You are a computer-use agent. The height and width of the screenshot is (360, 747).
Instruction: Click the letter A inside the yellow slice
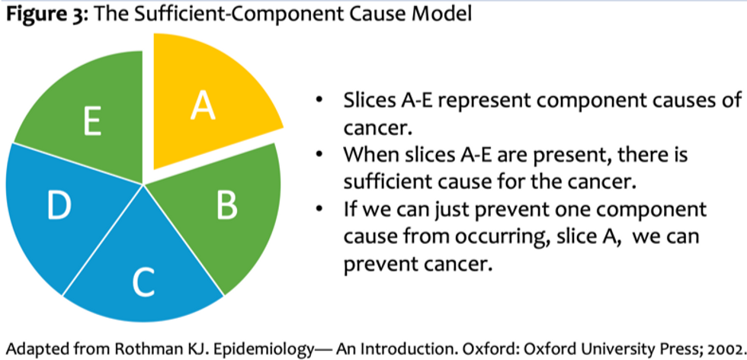click(203, 106)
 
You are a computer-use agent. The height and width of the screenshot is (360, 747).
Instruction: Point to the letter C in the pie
click(143, 283)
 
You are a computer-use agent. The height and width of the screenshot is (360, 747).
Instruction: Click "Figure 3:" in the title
click(46, 14)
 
